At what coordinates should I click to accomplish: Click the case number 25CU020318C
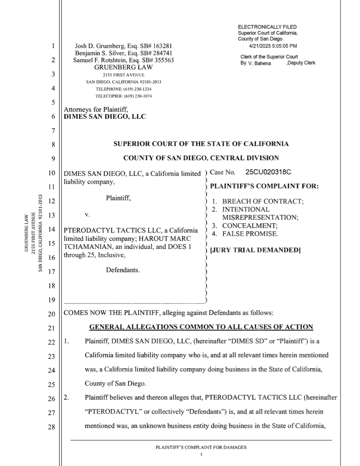(268, 172)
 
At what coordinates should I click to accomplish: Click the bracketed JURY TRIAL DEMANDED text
(255, 250)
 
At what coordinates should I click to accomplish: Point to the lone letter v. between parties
(87, 214)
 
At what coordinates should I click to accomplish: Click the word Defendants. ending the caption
(123, 270)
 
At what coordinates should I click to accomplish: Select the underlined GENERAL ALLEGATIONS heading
(201, 327)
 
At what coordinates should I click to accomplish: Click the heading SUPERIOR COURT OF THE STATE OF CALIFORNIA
(201, 144)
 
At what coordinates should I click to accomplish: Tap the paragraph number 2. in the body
(66, 398)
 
